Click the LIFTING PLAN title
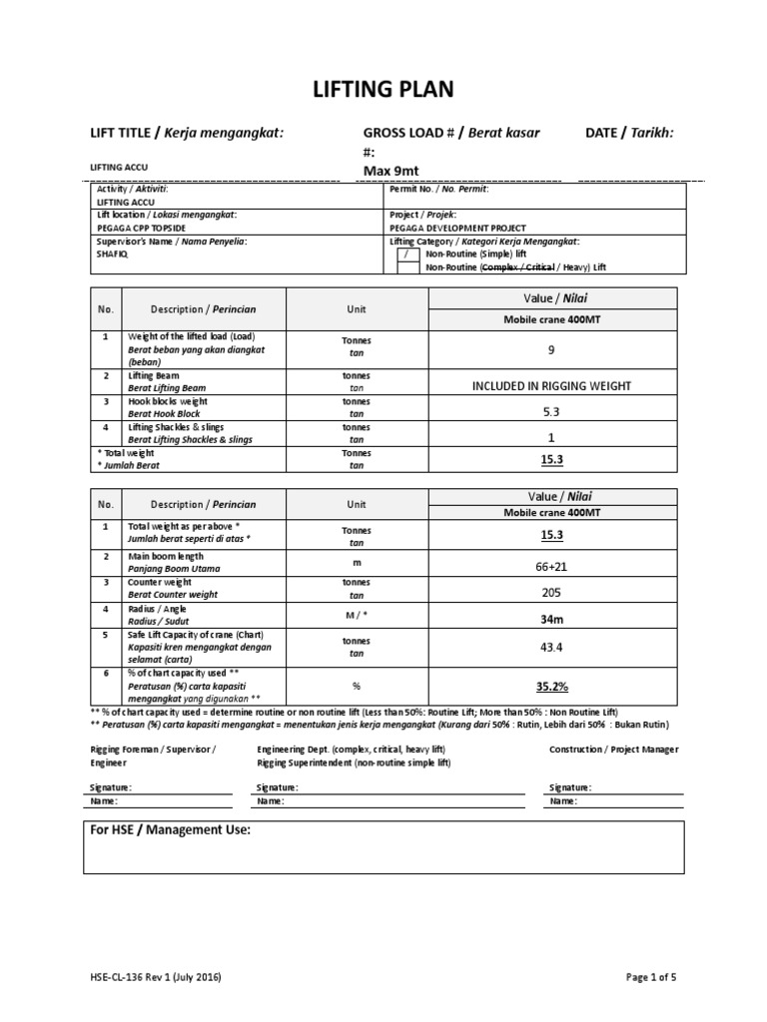383,90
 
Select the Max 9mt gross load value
390,171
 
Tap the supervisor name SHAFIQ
112,254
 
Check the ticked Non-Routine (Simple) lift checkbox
408,255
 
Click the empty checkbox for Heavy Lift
408,267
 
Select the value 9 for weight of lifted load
551,350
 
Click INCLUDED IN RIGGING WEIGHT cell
551,385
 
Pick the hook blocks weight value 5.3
551,411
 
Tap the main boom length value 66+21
551,567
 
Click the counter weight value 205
551,592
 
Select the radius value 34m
551,619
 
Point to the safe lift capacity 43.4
551,647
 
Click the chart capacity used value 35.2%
551,687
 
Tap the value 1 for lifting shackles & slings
551,437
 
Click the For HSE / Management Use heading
171,830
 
